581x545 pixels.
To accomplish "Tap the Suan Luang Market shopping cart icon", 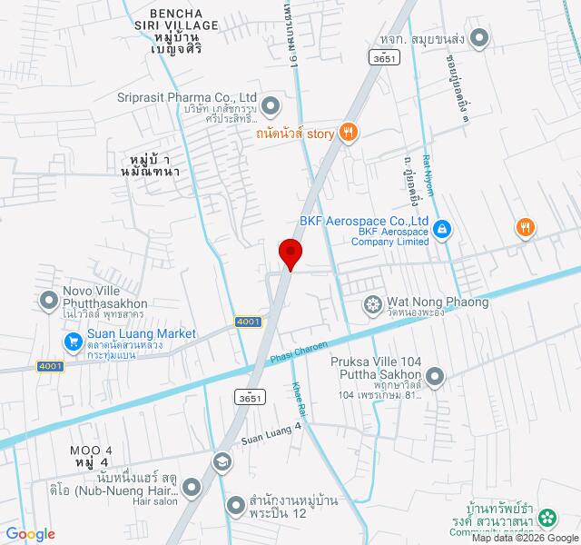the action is (74, 342).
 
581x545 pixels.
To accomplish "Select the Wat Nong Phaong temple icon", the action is (371, 303).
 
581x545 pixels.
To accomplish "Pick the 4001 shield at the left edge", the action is (50, 365).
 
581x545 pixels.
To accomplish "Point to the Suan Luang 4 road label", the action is (271, 435).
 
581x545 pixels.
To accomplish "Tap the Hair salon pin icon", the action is (192, 488).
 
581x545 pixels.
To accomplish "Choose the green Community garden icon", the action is (547, 519).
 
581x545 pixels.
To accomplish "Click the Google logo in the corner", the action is (30, 534).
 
